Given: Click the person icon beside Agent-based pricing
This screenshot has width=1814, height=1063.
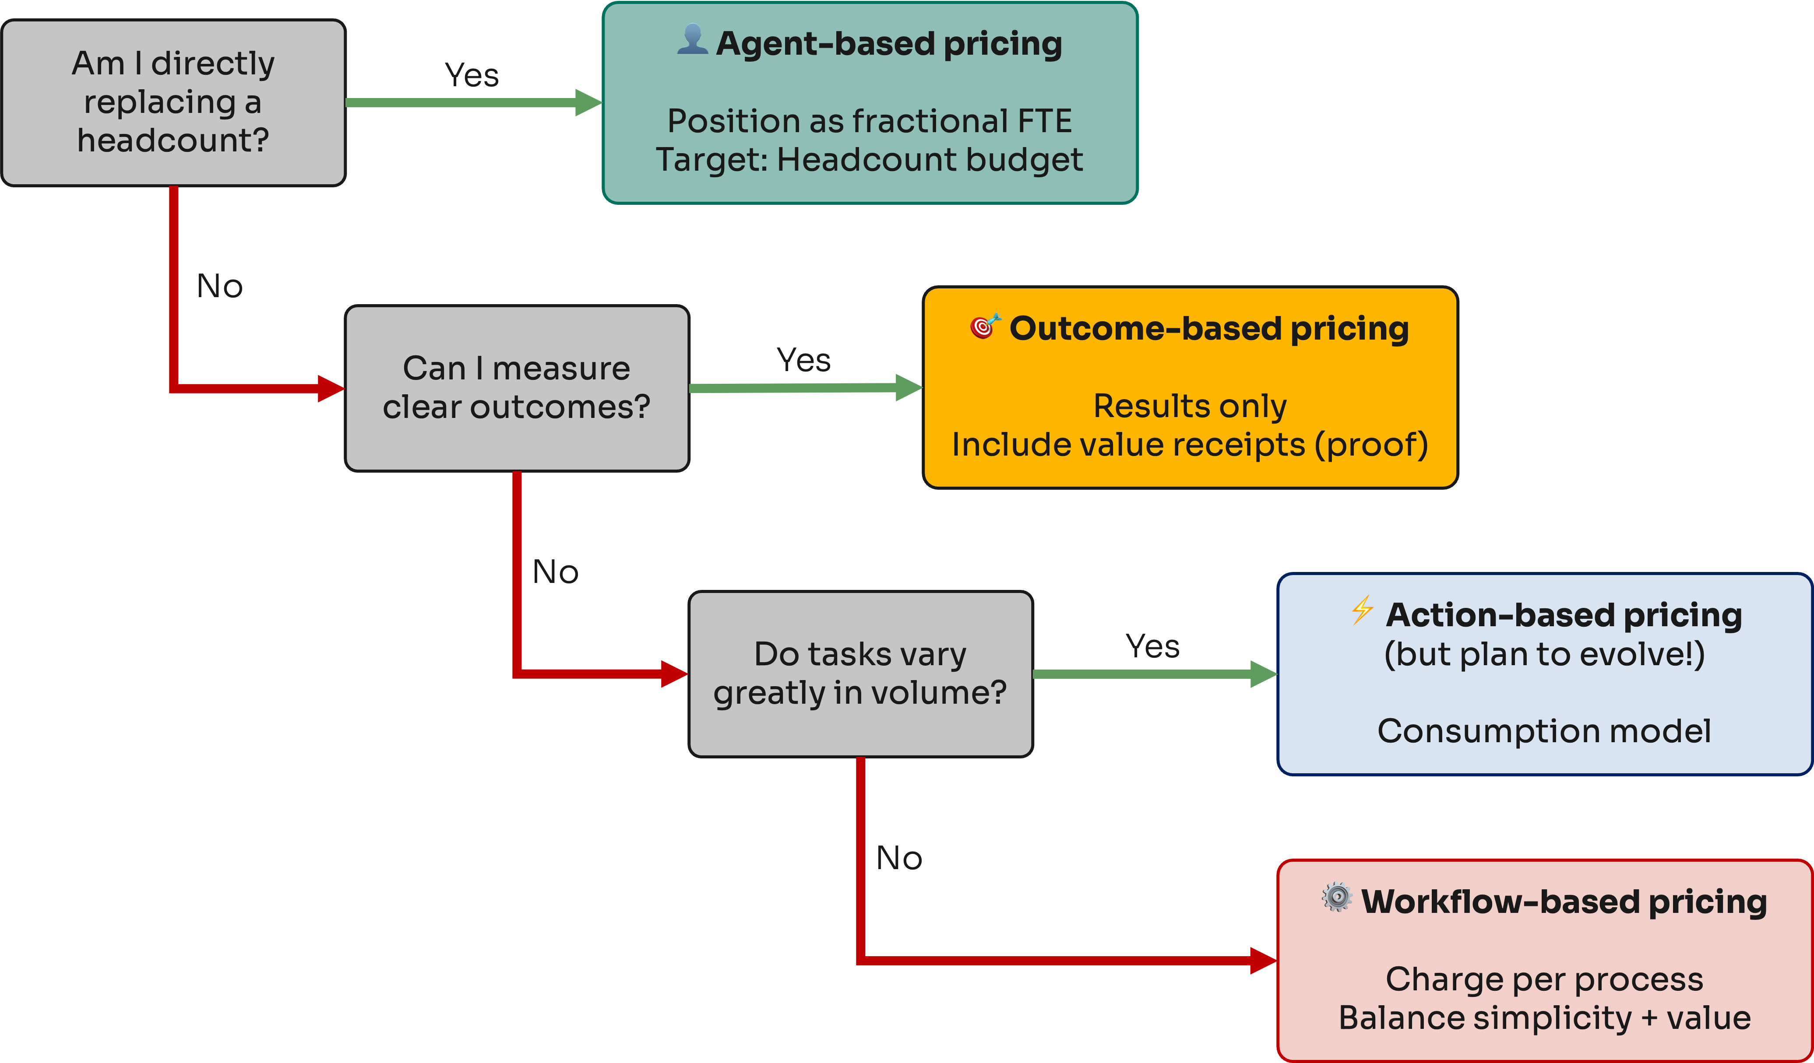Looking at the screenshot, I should (x=693, y=39).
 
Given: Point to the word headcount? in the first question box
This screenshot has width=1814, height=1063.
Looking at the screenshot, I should (x=173, y=140).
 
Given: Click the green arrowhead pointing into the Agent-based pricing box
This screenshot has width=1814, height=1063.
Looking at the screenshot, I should (x=588, y=102).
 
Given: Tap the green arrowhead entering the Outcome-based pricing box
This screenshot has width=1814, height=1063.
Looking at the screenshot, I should (x=909, y=387).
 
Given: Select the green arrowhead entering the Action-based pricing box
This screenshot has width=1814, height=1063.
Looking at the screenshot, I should (x=1263, y=674).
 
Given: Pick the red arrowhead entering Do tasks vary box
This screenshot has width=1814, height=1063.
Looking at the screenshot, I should (x=674, y=674).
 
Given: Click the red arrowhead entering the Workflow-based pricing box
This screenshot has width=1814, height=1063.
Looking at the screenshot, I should (x=1263, y=960).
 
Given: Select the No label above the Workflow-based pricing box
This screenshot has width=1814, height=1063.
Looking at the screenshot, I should (x=899, y=858).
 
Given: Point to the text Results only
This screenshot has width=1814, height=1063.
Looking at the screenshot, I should (x=1189, y=406).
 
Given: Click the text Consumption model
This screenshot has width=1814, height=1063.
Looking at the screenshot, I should (x=1544, y=731).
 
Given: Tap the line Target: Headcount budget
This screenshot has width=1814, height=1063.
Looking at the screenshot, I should (x=869, y=160).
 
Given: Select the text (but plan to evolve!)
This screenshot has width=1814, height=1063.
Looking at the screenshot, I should (x=1544, y=654).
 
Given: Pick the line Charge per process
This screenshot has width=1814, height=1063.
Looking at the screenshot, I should (x=1544, y=979).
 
